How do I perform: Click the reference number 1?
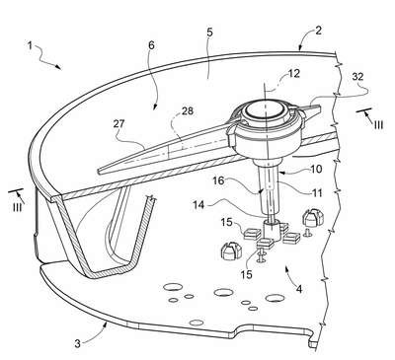point(30,45)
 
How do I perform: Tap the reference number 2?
point(318,31)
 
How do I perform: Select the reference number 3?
point(77,344)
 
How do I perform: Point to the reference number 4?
point(299,289)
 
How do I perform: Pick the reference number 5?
point(210,33)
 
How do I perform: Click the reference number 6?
point(151,45)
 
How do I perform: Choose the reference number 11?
point(316,192)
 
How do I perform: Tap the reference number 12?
point(294,73)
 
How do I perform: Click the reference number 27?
point(118,124)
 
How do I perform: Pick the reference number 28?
point(188,110)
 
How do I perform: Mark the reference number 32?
point(357,76)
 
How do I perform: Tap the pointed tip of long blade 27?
point(99,171)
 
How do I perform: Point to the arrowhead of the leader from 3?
point(106,324)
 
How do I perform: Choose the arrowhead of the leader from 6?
point(155,107)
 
